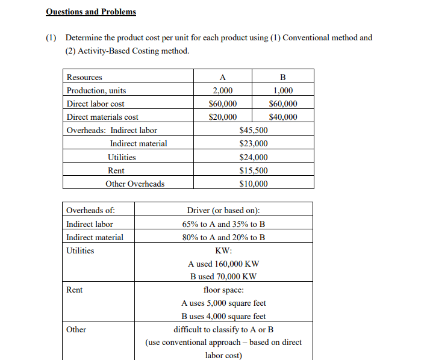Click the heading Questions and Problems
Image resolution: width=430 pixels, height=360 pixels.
(x=91, y=12)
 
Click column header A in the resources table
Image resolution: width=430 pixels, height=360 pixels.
(x=223, y=77)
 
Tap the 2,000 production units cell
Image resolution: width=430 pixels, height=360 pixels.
(x=223, y=90)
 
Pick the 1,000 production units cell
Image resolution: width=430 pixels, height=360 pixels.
(x=283, y=90)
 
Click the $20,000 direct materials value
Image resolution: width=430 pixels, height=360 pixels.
(x=223, y=117)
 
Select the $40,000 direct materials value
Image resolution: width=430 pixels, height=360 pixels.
(x=283, y=117)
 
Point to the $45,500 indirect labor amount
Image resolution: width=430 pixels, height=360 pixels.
(x=254, y=130)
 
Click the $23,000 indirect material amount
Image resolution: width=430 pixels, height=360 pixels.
(x=254, y=143)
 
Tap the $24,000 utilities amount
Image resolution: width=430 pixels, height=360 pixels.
(x=254, y=157)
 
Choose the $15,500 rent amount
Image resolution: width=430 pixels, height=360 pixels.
(x=254, y=170)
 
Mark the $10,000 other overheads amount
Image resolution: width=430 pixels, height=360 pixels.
(x=254, y=184)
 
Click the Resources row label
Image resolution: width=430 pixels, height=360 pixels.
(x=84, y=77)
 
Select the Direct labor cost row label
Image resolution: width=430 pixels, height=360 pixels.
(x=95, y=104)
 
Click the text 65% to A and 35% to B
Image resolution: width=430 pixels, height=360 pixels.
(x=223, y=224)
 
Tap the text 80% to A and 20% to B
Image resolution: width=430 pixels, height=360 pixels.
(x=223, y=237)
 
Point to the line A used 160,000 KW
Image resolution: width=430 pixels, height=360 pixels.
(x=223, y=264)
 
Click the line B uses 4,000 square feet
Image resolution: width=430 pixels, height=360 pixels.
(x=223, y=316)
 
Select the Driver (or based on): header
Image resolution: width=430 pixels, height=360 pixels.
(x=223, y=211)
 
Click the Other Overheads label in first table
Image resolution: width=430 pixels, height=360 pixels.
(x=135, y=184)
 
